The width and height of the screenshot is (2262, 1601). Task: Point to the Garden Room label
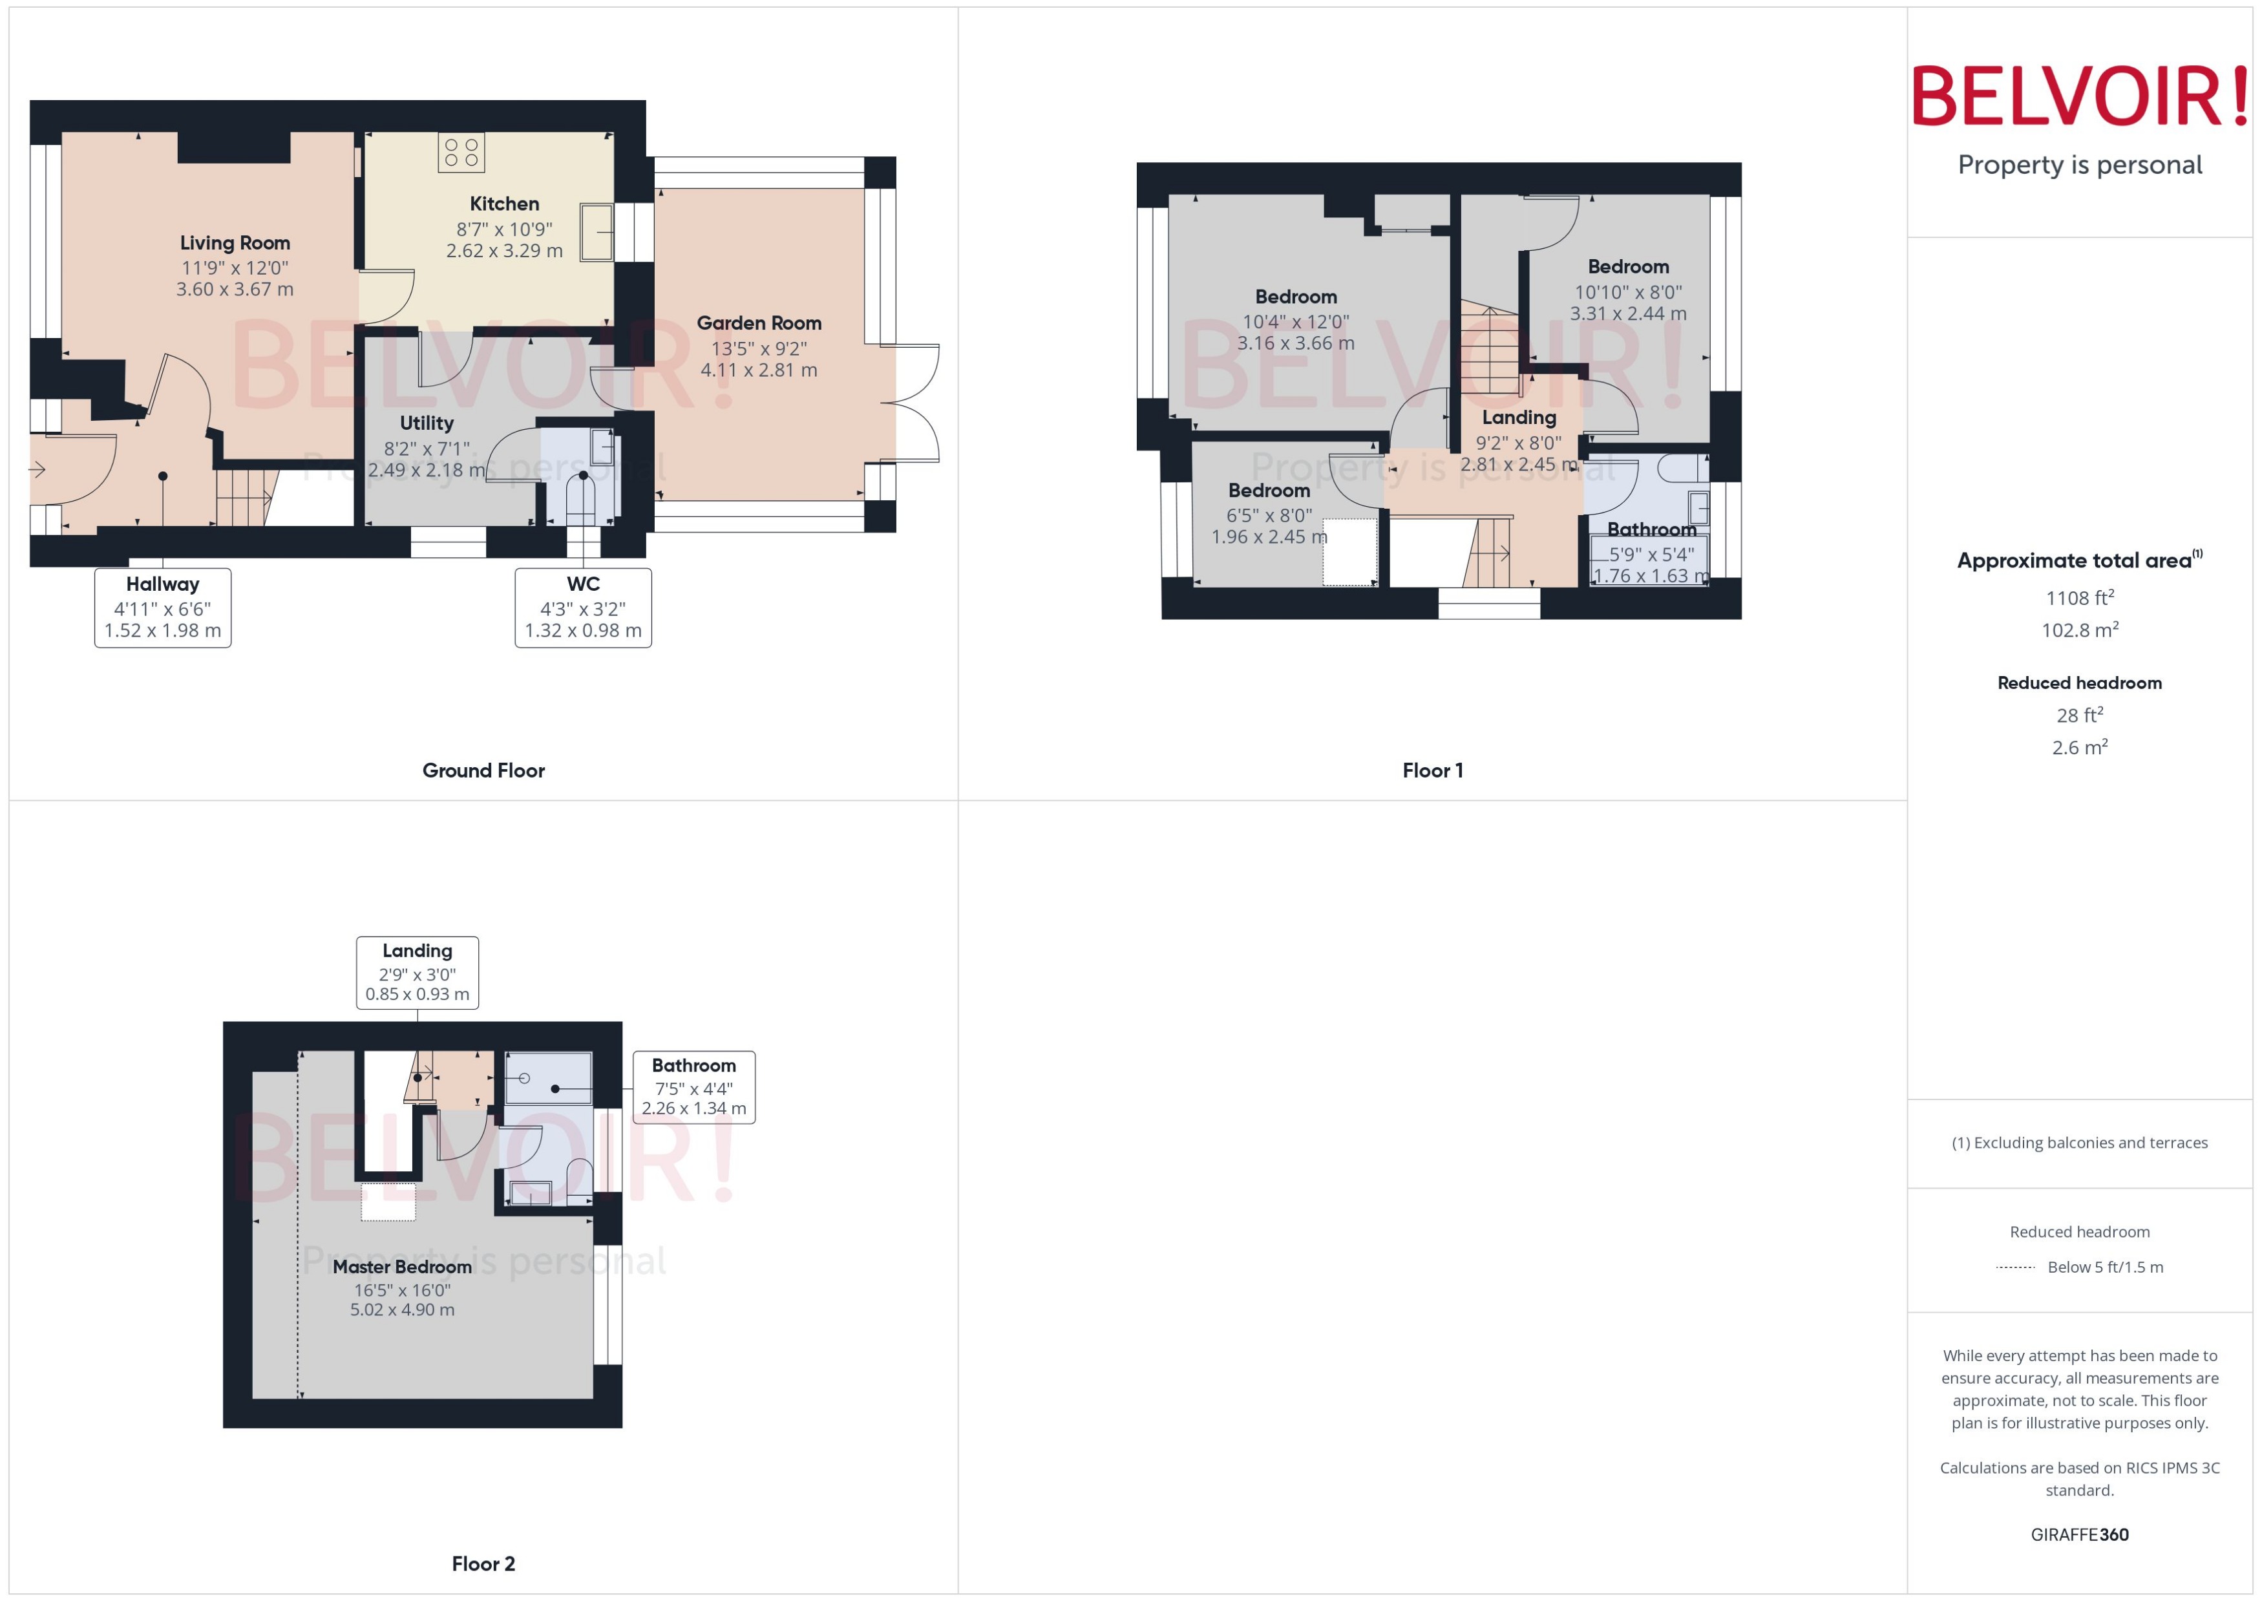759,323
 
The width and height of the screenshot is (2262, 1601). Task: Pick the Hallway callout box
163,608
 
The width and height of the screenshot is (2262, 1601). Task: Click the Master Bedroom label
402,1267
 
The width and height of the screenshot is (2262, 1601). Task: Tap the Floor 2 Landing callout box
417,972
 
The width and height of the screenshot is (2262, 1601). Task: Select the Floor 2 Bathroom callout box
694,1087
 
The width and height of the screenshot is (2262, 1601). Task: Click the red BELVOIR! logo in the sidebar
2080,96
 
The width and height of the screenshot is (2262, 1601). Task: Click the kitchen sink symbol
597,233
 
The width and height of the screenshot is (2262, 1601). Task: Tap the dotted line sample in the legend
2016,1267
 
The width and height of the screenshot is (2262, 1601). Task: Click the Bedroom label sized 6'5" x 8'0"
1269,491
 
